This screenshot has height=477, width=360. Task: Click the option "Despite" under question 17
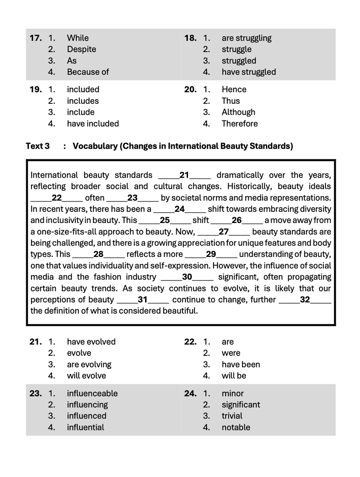81,49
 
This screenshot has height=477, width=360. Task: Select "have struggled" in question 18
248,72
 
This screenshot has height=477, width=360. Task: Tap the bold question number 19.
35,89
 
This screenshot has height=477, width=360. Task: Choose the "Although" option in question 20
238,112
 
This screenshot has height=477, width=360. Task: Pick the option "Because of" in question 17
88,72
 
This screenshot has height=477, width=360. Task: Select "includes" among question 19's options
82,101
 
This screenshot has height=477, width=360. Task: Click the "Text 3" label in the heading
38,146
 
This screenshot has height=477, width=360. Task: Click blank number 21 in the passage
184,175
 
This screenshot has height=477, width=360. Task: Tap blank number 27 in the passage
223,232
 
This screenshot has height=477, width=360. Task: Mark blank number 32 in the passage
305,299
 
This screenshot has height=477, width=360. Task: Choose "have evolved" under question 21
91,342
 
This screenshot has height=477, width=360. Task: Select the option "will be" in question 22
234,376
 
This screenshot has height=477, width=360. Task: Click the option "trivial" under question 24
232,416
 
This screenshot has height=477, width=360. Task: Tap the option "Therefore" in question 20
239,124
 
